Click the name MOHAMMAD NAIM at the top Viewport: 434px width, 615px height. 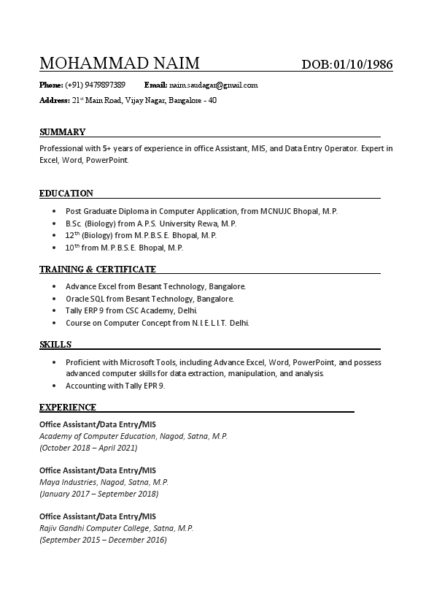120,63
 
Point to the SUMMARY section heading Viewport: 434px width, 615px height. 63,132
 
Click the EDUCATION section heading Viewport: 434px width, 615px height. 66,194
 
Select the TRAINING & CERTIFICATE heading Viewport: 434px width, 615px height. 98,270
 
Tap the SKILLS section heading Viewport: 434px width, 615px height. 55,345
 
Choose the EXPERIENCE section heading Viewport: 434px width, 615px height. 68,407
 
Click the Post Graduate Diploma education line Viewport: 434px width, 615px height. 201,211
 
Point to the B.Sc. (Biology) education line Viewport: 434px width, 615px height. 151,224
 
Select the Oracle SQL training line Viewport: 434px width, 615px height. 150,299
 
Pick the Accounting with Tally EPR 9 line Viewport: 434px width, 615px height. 115,386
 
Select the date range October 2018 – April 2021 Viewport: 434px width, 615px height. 88,448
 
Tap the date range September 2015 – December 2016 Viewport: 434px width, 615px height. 103,540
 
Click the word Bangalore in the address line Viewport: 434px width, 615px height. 186,100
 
